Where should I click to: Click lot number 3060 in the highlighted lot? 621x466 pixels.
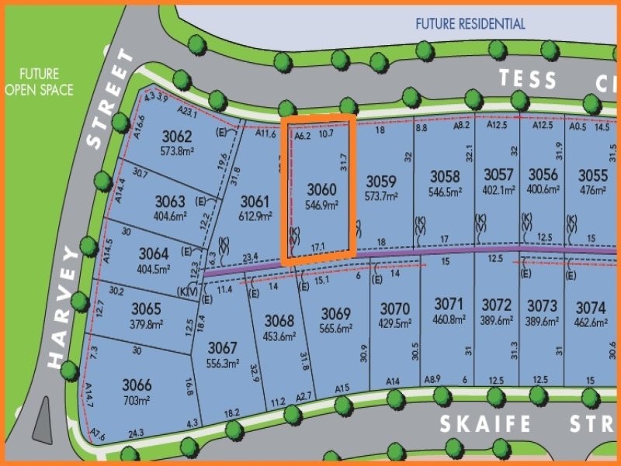coord(321,189)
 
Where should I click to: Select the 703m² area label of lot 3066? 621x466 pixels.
coord(137,401)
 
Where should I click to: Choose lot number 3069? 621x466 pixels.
coord(336,314)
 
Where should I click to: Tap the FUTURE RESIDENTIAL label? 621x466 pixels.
coord(470,24)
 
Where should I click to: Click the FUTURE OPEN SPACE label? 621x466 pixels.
coord(39,82)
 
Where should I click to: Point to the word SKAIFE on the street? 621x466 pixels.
coord(485,424)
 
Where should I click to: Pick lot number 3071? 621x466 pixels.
coord(449,303)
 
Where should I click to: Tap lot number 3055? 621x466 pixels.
coord(593,175)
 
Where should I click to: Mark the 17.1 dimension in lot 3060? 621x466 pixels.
coord(318,246)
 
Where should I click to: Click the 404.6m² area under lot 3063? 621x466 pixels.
coord(170,217)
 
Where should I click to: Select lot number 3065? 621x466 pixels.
coord(146,308)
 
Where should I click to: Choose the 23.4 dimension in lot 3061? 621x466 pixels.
coord(250,256)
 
